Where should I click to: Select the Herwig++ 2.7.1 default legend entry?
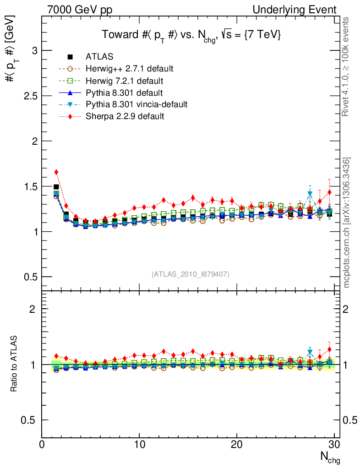click(129, 69)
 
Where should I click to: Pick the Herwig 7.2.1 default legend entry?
click(124, 81)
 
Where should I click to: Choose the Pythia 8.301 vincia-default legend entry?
click(136, 104)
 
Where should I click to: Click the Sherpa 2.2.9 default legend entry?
click(125, 116)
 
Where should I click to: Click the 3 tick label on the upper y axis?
click(33, 50)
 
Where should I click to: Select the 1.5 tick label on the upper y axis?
click(29, 186)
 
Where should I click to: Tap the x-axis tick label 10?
click(139, 444)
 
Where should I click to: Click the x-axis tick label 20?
click(237, 444)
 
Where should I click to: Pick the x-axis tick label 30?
click(334, 444)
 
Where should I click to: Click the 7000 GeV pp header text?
click(80, 10)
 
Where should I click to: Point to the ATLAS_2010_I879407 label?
click(191, 274)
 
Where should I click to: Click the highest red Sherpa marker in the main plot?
click(56, 172)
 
